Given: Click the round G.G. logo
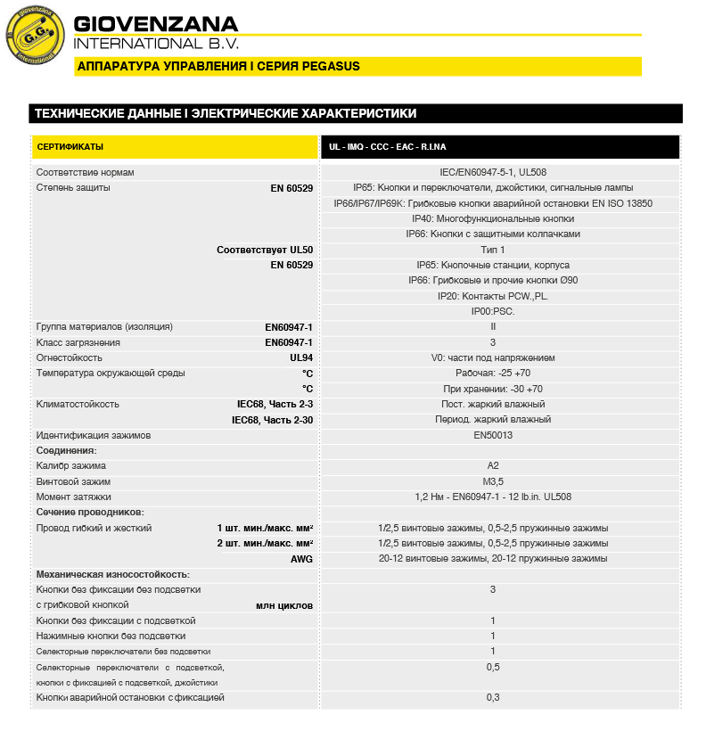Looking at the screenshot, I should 36,36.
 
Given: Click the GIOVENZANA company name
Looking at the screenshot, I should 156,23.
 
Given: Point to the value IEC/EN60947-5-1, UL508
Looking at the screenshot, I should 493,172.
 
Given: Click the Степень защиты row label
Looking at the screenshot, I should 73,188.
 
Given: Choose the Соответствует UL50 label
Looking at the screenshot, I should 265,250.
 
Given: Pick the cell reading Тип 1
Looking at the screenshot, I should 493,250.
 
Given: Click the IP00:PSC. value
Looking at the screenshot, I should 493,311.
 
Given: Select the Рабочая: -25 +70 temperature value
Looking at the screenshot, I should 493,374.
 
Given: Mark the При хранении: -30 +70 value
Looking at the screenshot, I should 493,389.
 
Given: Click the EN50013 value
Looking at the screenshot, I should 493,435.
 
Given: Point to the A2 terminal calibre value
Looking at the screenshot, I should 493,465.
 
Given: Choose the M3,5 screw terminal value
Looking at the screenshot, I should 493,481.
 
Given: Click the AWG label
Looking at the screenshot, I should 301,559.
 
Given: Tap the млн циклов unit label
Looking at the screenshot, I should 284,605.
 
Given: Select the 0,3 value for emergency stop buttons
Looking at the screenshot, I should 493,697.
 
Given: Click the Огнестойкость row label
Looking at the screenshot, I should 69,357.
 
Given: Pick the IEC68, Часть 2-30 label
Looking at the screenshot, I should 272,419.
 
